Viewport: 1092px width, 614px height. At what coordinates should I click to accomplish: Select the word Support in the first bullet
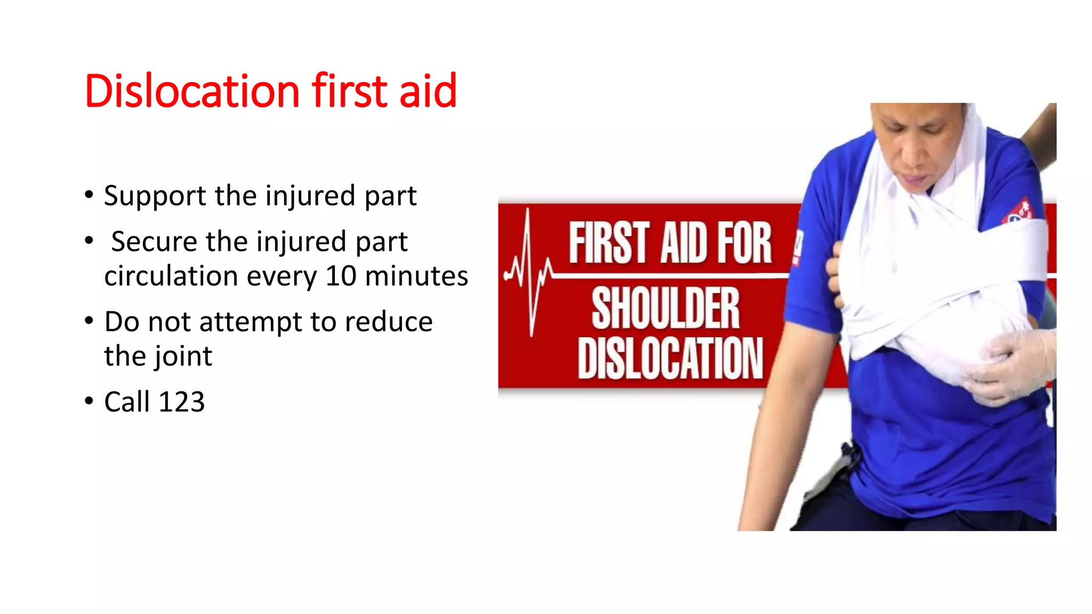pos(155,196)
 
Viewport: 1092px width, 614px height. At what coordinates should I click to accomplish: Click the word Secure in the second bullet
pos(154,241)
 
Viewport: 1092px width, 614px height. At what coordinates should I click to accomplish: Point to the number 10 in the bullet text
pos(341,276)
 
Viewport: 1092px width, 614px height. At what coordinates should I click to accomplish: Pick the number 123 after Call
pos(182,402)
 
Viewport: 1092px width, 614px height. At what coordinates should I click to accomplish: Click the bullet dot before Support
pos(89,194)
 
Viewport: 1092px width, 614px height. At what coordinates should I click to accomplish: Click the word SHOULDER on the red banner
pos(665,308)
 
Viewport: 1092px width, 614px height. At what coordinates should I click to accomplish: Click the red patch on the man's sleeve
pos(1019,211)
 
